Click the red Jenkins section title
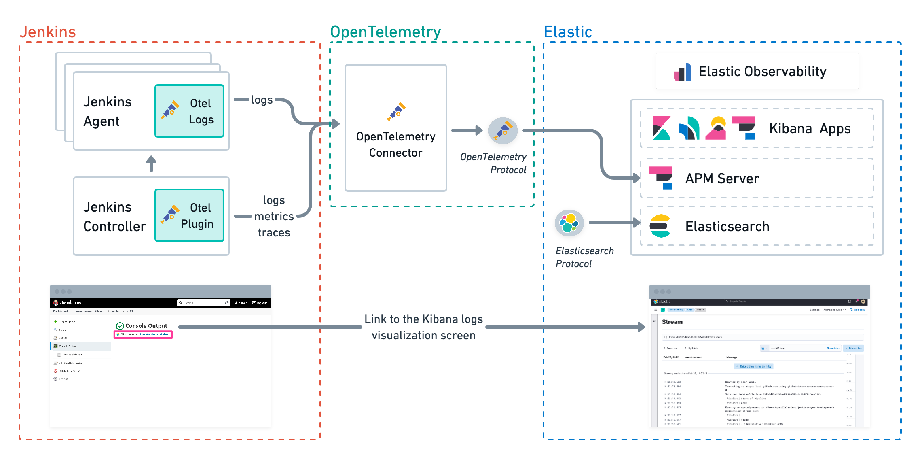pyautogui.click(x=48, y=32)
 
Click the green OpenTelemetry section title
pyautogui.click(x=385, y=32)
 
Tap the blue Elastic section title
pyautogui.click(x=568, y=32)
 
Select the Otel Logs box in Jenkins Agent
pyautogui.click(x=189, y=111)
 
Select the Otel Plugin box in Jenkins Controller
pyautogui.click(x=189, y=215)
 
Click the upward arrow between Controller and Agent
pyautogui.click(x=151, y=164)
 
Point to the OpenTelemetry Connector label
pyautogui.click(x=395, y=144)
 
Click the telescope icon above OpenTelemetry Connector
pyautogui.click(x=396, y=111)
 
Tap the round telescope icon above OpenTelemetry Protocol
pyautogui.click(x=503, y=130)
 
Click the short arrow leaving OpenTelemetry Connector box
pyautogui.click(x=467, y=130)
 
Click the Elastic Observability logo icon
pyautogui.click(x=683, y=72)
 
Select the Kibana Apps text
pyautogui.click(x=810, y=128)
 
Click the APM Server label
pyautogui.click(x=722, y=178)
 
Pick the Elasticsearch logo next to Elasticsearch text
pyautogui.click(x=660, y=226)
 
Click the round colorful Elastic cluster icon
pyautogui.click(x=569, y=223)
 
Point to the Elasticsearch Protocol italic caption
pyautogui.click(x=584, y=257)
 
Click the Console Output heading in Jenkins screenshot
pyautogui.click(x=146, y=326)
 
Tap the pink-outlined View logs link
pyautogui.click(x=144, y=334)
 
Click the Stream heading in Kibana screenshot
pyautogui.click(x=672, y=322)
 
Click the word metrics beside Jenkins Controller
pyautogui.click(x=274, y=217)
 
